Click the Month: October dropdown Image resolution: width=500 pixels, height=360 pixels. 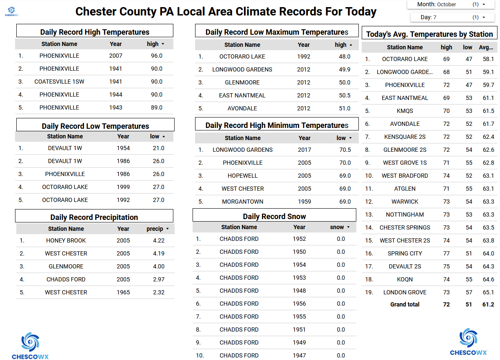pyautogui.click(x=447, y=4)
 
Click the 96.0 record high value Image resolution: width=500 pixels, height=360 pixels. pyautogui.click(x=157, y=56)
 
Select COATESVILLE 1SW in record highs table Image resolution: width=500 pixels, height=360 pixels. pyautogui.click(x=59, y=82)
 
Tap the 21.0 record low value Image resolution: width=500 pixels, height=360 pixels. pyautogui.click(x=158, y=148)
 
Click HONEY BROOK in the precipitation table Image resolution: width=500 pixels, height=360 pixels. pyautogui.click(x=66, y=240)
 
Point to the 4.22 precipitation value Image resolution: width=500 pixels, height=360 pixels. pyautogui.click(x=159, y=240)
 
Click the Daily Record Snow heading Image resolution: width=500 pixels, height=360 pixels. pyautogui.click(x=274, y=216)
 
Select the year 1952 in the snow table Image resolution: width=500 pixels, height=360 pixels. pyautogui.click(x=299, y=239)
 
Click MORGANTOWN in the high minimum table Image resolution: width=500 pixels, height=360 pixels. pyautogui.click(x=243, y=202)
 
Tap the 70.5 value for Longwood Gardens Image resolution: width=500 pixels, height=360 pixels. pyautogui.click(x=345, y=150)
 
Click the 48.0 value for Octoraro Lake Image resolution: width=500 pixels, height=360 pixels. pyautogui.click(x=345, y=56)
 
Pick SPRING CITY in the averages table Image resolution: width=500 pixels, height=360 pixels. pyautogui.click(x=405, y=253)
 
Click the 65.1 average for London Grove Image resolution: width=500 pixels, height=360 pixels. pyautogui.click(x=488, y=292)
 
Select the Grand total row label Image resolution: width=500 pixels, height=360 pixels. pyautogui.click(x=405, y=304)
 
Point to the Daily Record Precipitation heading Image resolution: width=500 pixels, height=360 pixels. pyautogui.click(x=94, y=217)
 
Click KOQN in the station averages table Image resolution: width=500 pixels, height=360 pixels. pyautogui.click(x=405, y=279)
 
